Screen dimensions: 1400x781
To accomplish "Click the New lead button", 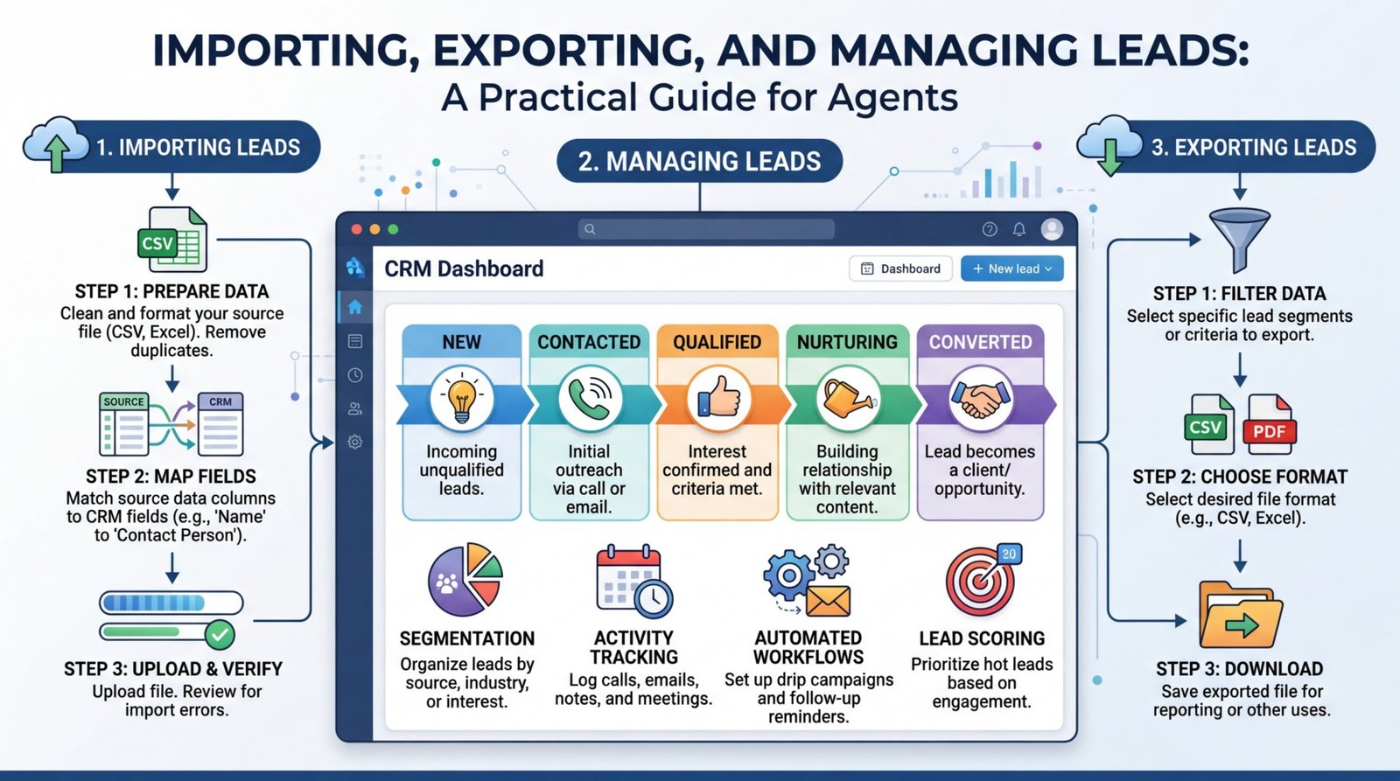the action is point(1011,268).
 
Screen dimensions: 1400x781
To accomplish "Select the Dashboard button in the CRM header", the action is point(900,268).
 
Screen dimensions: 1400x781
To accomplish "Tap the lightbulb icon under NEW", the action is point(461,399).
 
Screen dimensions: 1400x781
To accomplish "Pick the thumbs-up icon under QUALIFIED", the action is point(717,399).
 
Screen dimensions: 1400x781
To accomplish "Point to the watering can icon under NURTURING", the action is point(846,398).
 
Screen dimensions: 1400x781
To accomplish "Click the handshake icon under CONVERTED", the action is point(979,399).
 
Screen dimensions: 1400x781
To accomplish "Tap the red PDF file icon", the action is point(1270,424).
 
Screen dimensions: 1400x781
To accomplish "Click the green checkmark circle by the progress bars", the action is point(220,632).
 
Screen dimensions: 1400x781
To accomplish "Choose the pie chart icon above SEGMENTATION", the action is point(465,579).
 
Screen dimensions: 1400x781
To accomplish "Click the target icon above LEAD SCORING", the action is point(982,581).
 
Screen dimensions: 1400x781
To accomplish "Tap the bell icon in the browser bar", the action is point(1019,229).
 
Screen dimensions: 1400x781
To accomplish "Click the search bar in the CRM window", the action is point(706,229).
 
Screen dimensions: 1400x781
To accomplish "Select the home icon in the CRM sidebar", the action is point(355,307).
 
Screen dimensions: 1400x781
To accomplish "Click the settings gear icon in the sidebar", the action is point(355,442).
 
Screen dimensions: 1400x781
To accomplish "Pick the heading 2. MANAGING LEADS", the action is point(699,162).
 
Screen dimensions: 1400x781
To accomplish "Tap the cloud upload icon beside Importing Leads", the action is point(57,144).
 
